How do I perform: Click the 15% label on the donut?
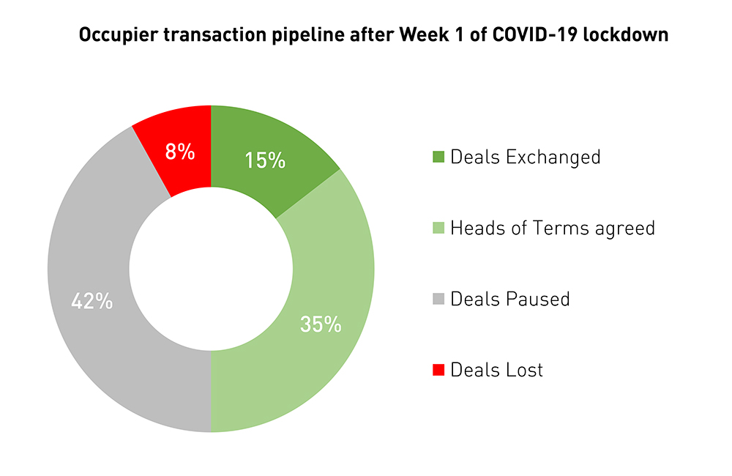265,160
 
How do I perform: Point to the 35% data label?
321,324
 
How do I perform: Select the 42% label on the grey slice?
91,301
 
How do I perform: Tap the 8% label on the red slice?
180,152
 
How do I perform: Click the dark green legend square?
438,157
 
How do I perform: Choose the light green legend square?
438,228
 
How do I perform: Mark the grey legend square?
438,300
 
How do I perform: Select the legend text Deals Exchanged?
526,157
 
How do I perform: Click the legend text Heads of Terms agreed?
553,228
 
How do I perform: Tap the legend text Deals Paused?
510,300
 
